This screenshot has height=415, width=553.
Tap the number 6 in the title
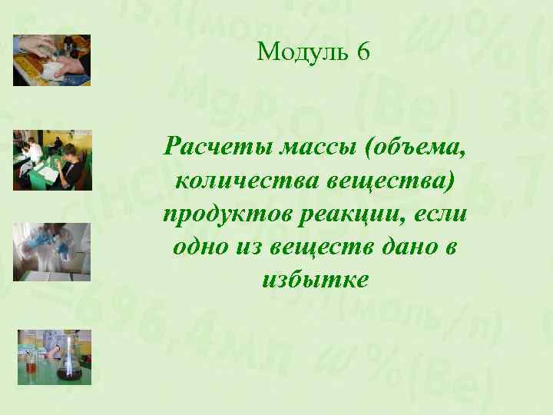tap(363, 52)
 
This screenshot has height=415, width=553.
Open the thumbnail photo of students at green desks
tap(52, 159)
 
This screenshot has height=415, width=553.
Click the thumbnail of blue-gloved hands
tap(52, 252)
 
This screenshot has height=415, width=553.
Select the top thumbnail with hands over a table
tap(52, 60)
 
